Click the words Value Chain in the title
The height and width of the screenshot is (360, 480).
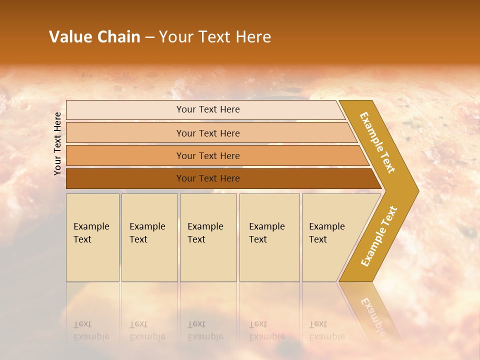click(x=94, y=37)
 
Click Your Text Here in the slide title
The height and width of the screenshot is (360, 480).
click(x=215, y=37)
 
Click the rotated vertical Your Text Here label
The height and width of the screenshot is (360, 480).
click(x=57, y=143)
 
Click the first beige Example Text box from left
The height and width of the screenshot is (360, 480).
click(x=92, y=237)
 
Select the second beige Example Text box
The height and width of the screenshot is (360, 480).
click(x=149, y=237)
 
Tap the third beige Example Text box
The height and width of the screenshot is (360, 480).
click(x=208, y=237)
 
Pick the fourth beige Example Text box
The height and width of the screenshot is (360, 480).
click(x=269, y=237)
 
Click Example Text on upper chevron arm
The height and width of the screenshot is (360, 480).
click(x=377, y=142)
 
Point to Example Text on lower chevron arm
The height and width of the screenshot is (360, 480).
click(x=378, y=236)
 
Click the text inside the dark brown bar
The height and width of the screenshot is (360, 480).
click(x=208, y=178)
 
